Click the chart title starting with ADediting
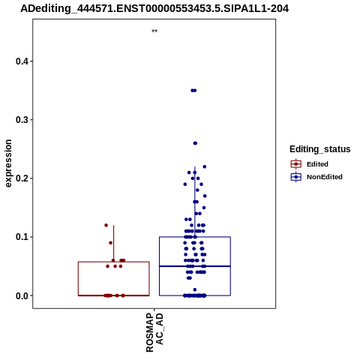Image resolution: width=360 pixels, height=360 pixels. (x=154, y=8)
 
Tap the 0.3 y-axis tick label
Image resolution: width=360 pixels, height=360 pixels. (x=22, y=120)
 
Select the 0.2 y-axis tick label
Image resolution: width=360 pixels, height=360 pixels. (x=22, y=178)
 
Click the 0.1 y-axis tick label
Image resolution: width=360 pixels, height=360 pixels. (x=22, y=237)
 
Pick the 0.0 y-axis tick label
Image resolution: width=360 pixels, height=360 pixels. (x=22, y=295)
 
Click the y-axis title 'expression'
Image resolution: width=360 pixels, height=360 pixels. (x=8, y=163)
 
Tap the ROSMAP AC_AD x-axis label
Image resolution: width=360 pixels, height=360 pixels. (x=154, y=332)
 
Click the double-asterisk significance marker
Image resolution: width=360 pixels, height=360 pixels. (x=154, y=31)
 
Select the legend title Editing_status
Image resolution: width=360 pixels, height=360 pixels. (x=320, y=149)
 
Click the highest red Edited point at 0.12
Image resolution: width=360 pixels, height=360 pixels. (x=106, y=225)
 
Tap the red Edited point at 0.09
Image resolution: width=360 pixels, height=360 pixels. (x=110, y=243)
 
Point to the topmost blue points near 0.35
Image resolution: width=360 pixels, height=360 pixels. (x=193, y=91)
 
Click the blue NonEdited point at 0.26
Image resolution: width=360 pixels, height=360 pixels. (x=195, y=143)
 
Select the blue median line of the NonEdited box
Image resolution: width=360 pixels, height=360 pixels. (x=195, y=266)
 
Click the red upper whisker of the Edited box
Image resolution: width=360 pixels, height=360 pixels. (x=114, y=244)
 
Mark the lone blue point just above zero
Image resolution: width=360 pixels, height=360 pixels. (x=195, y=289)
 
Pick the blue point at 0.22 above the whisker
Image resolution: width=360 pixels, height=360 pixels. (x=205, y=166)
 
